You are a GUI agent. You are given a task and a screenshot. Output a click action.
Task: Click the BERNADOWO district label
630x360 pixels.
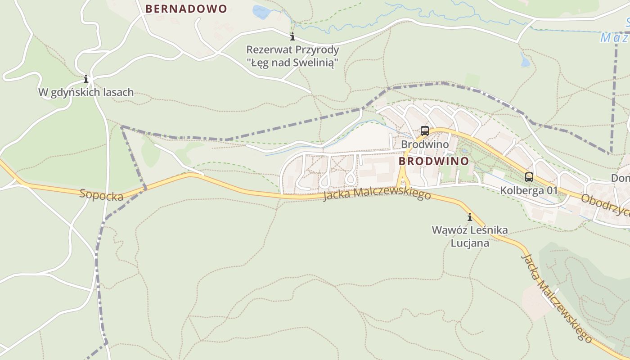click(186, 9)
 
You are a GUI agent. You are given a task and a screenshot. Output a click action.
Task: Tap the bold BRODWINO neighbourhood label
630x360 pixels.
click(434, 161)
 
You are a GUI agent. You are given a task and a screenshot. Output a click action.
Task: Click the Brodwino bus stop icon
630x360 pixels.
click(425, 131)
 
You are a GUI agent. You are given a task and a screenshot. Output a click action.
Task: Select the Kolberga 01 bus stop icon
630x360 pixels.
click(529, 177)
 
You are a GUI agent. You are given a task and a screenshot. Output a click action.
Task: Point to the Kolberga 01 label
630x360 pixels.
click(529, 191)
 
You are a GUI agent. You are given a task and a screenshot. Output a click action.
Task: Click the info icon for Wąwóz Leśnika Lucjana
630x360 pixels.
click(470, 217)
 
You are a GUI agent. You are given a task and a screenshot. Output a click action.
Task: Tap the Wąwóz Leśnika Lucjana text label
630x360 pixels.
click(470, 236)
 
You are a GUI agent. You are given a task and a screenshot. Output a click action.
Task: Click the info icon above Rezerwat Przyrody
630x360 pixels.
click(292, 36)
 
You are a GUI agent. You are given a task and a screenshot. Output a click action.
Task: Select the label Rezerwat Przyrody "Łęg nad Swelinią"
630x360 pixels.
click(292, 56)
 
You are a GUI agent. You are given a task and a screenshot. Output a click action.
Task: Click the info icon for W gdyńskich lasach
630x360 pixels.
click(86, 80)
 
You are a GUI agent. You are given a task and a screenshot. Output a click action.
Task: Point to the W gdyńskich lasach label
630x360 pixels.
click(86, 92)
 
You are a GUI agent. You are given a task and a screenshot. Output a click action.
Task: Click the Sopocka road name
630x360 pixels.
click(101, 195)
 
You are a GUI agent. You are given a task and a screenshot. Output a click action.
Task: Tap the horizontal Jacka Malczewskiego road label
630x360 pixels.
click(377, 194)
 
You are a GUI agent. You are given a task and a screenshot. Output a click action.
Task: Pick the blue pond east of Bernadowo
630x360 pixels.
click(261, 12)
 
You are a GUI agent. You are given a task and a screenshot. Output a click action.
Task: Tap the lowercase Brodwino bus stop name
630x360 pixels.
click(425, 144)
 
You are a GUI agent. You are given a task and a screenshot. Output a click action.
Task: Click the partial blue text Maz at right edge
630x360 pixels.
click(615, 38)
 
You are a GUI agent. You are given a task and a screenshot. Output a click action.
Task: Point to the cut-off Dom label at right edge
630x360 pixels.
click(620, 179)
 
